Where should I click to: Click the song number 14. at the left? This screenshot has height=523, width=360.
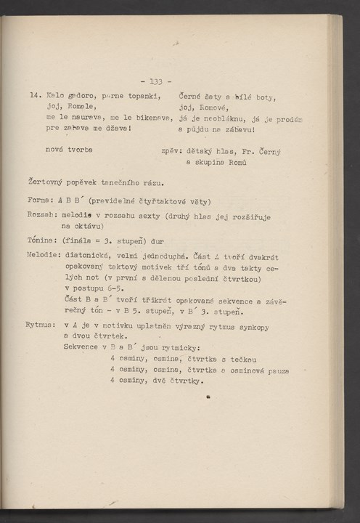point(34,95)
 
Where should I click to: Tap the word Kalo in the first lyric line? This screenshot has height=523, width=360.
point(54,95)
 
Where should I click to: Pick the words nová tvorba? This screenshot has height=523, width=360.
point(73,150)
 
